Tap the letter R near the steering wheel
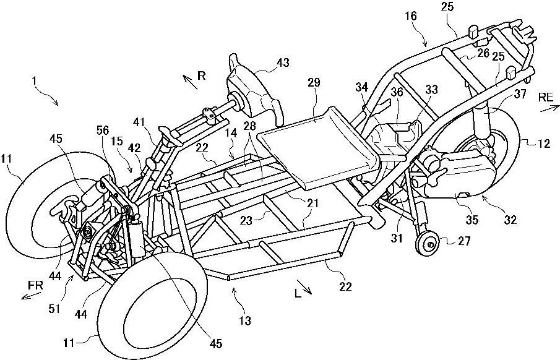pyautogui.click(x=201, y=75)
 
